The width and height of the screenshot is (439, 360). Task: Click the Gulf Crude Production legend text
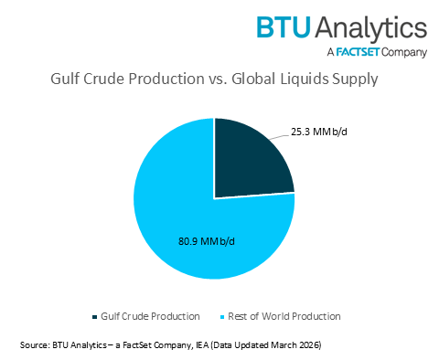(151, 316)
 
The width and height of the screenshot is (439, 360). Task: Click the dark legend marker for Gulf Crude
(95, 316)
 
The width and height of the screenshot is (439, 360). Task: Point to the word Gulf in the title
(63, 79)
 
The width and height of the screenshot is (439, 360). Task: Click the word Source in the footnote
(34, 345)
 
